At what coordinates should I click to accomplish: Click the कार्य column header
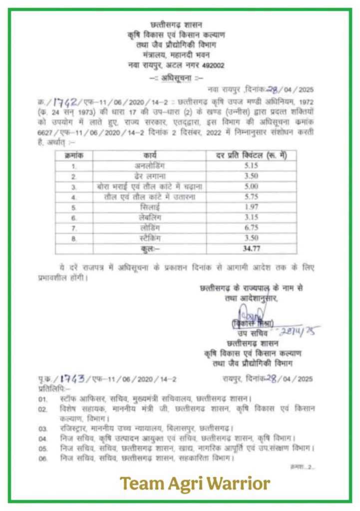[150, 155]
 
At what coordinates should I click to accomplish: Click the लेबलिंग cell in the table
[150, 218]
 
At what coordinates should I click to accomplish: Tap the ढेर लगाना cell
[150, 176]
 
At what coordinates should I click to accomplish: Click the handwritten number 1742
[65, 102]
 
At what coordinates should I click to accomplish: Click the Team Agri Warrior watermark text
[195, 483]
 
